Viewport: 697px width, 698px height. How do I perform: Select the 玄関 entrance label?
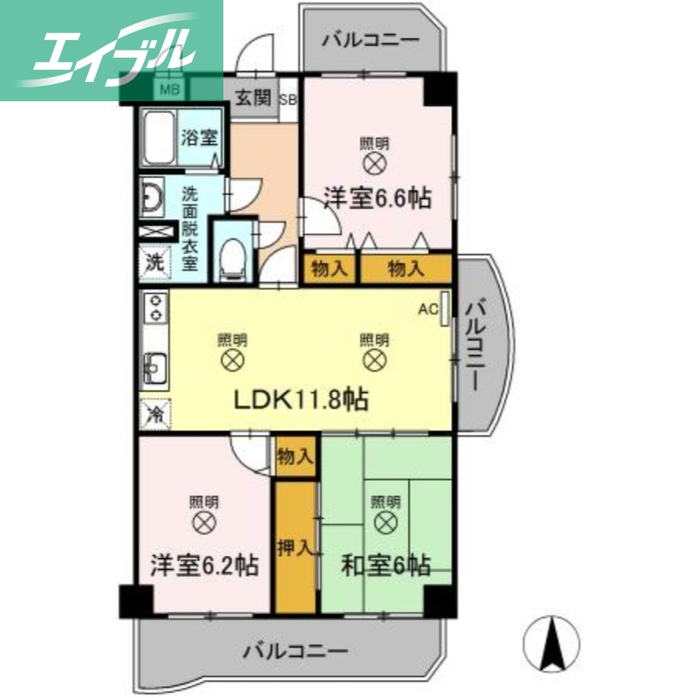tap(254, 97)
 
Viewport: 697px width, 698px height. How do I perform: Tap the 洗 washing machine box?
tap(154, 261)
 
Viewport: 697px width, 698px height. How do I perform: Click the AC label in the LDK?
tap(427, 308)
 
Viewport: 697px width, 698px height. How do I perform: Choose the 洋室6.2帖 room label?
tap(205, 565)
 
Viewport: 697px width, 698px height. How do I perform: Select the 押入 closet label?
tap(294, 548)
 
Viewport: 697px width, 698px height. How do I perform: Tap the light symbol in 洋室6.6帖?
tap(375, 162)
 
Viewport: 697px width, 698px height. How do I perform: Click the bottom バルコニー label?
tap(296, 650)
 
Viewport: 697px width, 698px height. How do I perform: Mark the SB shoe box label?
tap(288, 98)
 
